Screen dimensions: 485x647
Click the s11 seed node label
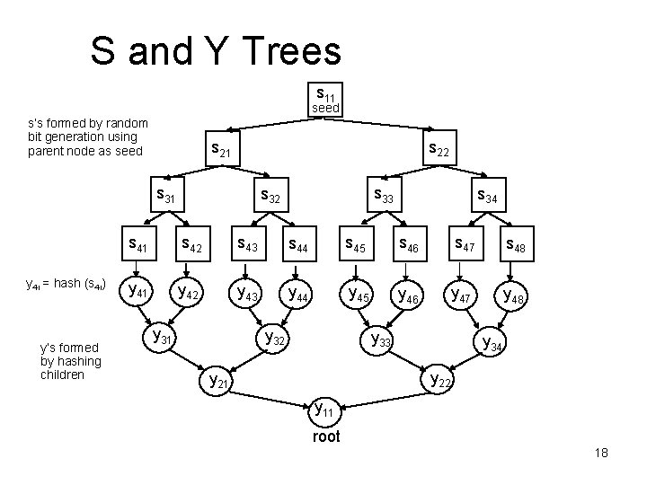(326, 93)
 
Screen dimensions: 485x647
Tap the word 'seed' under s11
(325, 108)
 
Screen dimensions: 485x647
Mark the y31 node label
(164, 337)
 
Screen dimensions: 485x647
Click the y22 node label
(441, 380)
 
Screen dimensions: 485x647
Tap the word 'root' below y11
(325, 438)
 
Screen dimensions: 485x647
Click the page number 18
(601, 454)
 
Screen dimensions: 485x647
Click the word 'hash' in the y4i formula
(68, 285)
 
